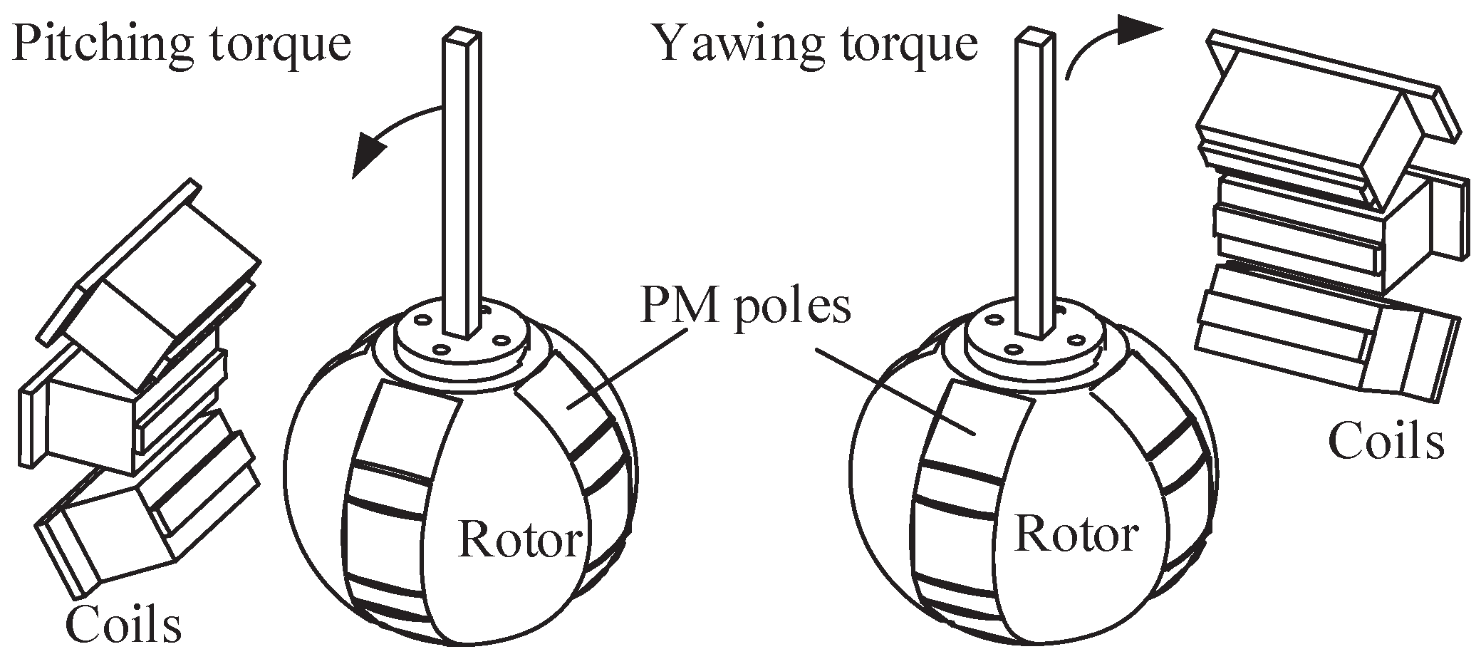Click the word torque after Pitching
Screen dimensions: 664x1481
(285, 44)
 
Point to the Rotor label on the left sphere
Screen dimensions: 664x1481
(521, 539)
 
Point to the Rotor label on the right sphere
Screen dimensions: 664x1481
(1076, 533)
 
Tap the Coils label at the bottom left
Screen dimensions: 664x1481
(123, 624)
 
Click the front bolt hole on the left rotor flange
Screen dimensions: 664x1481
(441, 350)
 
